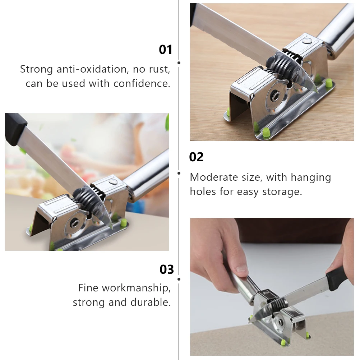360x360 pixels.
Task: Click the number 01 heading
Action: (165, 49)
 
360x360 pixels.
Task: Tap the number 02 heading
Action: (196, 157)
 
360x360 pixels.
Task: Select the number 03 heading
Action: (167, 269)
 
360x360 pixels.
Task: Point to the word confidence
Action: (142, 83)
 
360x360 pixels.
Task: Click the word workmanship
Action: (136, 288)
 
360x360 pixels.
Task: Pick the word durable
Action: (151, 302)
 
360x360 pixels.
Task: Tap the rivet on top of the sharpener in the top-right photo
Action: (306, 41)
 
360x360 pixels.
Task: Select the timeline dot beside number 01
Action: (179, 63)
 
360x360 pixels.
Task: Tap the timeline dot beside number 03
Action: (179, 279)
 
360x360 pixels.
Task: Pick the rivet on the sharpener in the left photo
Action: (113, 182)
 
